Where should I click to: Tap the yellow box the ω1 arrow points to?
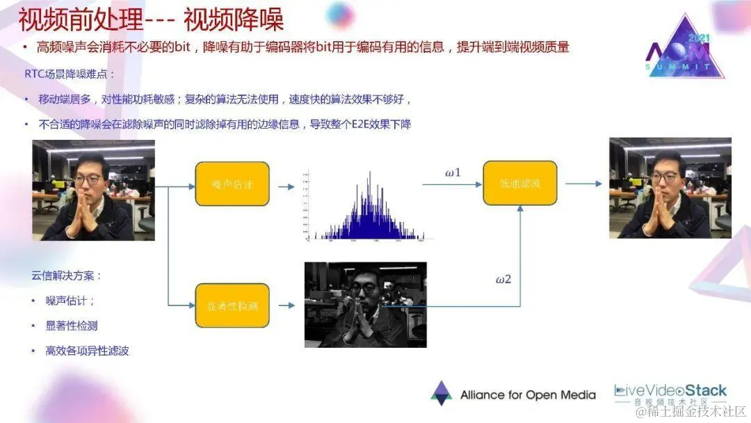pos(519,183)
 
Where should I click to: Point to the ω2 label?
pos(503,280)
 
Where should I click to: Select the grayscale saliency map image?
pos(365,304)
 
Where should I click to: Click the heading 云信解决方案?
pos(67,276)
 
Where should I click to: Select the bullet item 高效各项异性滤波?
pos(87,351)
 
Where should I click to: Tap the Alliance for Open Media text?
pos(528,395)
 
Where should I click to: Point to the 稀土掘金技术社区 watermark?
pos(691,411)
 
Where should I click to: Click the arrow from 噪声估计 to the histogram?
pos(285,186)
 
